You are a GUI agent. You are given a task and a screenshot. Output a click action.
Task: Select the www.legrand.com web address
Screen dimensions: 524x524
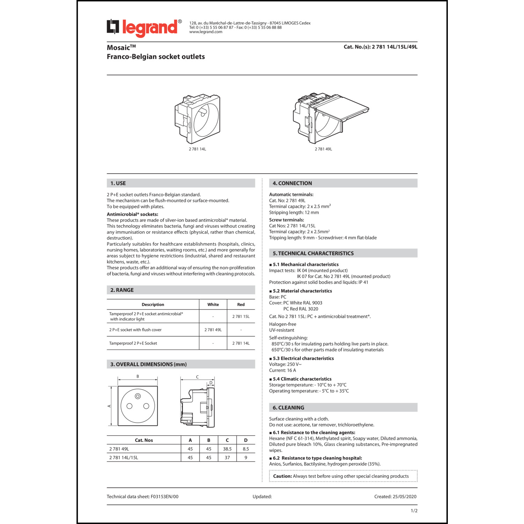click(206, 32)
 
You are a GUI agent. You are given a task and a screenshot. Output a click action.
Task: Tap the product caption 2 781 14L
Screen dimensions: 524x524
click(197, 149)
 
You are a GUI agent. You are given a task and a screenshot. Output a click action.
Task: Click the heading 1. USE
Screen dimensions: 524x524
click(118, 183)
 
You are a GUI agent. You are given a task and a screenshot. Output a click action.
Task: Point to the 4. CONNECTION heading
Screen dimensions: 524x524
click(292, 183)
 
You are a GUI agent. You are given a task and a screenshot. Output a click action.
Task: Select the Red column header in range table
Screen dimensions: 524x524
click(241, 305)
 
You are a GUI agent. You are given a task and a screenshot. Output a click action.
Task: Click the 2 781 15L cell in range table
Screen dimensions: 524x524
click(241, 316)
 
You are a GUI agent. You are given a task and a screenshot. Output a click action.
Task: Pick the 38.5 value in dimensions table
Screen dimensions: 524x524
click(227, 449)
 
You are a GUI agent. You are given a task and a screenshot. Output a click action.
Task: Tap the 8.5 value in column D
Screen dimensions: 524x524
click(246, 449)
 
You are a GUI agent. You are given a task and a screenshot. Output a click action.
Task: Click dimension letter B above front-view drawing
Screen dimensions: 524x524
click(138, 377)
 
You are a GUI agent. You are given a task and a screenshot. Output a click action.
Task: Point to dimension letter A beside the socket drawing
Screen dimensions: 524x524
click(109, 406)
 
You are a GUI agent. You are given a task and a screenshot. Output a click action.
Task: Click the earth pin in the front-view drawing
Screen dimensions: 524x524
click(138, 396)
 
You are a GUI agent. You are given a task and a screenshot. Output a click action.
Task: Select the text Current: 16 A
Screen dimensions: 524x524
click(282, 370)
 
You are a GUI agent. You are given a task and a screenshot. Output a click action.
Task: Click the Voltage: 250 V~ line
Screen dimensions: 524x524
click(285, 364)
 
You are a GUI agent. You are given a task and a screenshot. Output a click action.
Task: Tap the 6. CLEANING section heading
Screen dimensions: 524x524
click(288, 408)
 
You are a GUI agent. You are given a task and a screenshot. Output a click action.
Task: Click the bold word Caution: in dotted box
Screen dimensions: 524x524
click(282, 476)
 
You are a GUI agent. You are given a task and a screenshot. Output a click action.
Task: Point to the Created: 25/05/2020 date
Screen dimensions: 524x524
click(395, 496)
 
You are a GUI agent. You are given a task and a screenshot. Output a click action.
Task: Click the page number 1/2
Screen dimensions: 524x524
click(414, 511)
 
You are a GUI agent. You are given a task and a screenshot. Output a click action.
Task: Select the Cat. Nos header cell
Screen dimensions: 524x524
click(144, 440)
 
